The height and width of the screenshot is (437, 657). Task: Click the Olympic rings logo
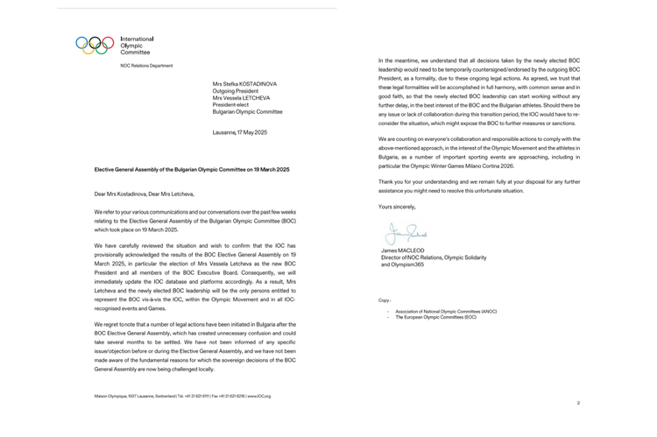coord(95,45)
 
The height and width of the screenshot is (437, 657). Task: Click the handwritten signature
coord(405,235)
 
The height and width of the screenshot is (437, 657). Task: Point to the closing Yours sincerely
coord(398,207)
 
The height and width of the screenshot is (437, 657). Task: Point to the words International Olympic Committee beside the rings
coord(136,46)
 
